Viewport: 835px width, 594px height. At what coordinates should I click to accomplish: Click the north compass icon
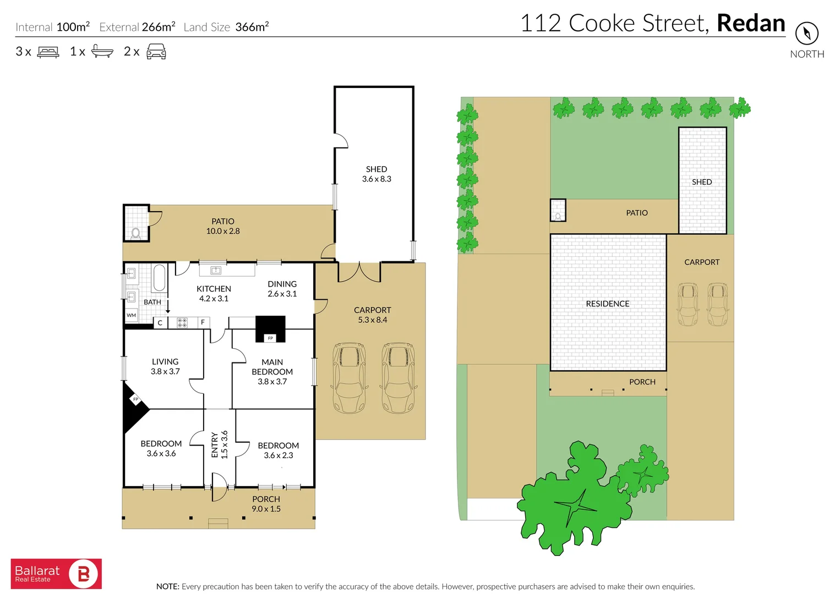[x=806, y=34]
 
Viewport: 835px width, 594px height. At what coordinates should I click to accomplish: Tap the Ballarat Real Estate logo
[x=56, y=574]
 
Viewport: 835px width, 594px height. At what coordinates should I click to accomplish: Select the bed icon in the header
[x=48, y=52]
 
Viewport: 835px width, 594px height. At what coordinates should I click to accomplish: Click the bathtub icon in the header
[x=102, y=51]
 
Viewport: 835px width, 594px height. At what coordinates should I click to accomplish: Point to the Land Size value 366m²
[x=252, y=27]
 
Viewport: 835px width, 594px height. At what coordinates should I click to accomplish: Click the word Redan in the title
[x=750, y=23]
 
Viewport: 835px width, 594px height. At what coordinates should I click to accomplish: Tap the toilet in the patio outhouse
[x=135, y=233]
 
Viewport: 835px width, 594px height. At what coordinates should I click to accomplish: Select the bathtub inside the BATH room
[x=159, y=278]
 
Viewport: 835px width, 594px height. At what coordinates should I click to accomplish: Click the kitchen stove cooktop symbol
[x=182, y=322]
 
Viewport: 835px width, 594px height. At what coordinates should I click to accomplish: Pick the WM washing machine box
[x=131, y=315]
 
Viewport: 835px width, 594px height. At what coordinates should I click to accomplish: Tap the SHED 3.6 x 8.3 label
[x=376, y=174]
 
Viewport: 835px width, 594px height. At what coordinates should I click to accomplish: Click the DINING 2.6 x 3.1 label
[x=282, y=289]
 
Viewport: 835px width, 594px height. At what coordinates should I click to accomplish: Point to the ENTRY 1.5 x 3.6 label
[x=219, y=444]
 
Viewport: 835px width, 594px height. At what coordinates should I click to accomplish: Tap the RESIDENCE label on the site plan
[x=607, y=304]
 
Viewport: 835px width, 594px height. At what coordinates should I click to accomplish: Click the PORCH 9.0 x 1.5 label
[x=266, y=504]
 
